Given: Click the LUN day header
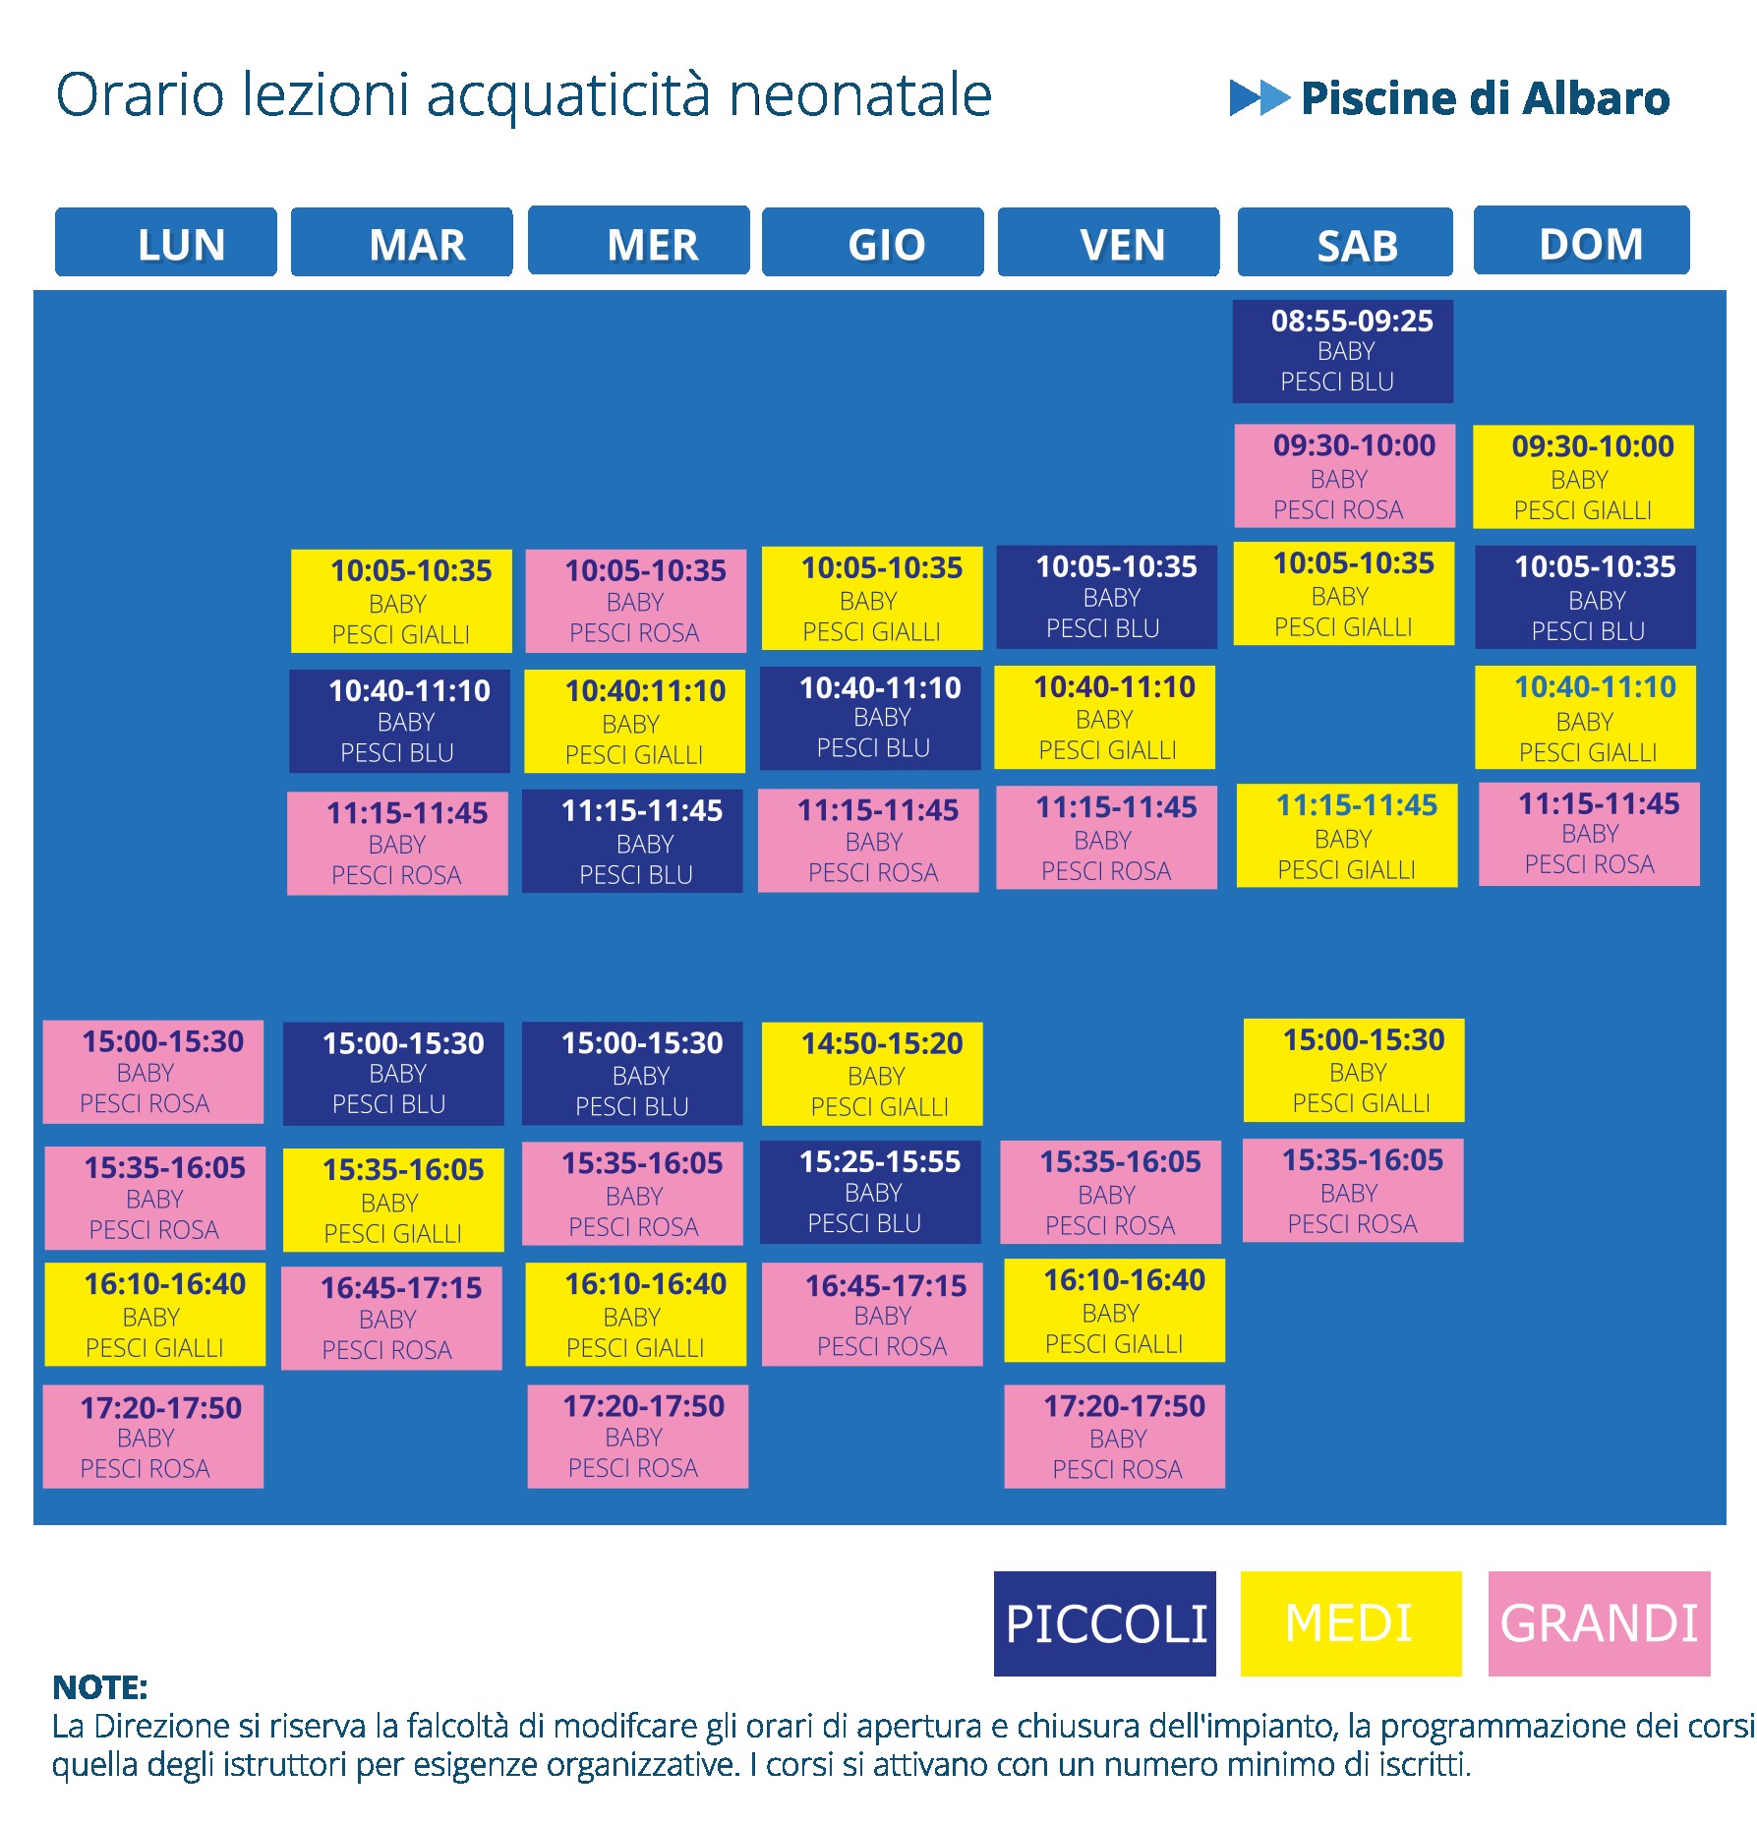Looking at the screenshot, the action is [x=165, y=242].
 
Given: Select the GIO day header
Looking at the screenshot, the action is [x=873, y=242].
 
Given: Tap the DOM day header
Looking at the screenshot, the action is [x=1582, y=240].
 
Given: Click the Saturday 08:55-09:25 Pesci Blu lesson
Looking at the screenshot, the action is [x=1343, y=351].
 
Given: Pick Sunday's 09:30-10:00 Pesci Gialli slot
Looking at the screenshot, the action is [x=1583, y=477].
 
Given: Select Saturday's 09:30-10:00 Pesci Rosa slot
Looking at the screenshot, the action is [x=1345, y=476].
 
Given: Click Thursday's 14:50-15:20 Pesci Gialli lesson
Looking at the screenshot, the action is [x=872, y=1074].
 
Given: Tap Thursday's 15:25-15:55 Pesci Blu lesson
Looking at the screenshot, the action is [x=870, y=1192].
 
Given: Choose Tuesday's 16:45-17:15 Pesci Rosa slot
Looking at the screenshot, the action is [x=391, y=1319].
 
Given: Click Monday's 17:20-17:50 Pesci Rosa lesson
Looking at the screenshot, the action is [x=153, y=1437].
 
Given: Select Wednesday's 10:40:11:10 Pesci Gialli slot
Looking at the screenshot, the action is [x=634, y=721].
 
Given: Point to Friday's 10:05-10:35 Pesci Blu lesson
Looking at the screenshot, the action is [x=1106, y=597].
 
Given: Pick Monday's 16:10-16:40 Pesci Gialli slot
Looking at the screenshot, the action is [x=155, y=1315].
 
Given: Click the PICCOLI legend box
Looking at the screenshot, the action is [x=1105, y=1623].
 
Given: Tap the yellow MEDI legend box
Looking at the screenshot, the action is [x=1351, y=1623].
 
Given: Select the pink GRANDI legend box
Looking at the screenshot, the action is [x=1600, y=1623].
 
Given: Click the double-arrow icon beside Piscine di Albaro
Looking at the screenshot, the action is [x=1259, y=97].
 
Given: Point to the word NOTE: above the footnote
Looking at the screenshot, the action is [x=100, y=1687].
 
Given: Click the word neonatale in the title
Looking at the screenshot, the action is [x=860, y=95].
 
